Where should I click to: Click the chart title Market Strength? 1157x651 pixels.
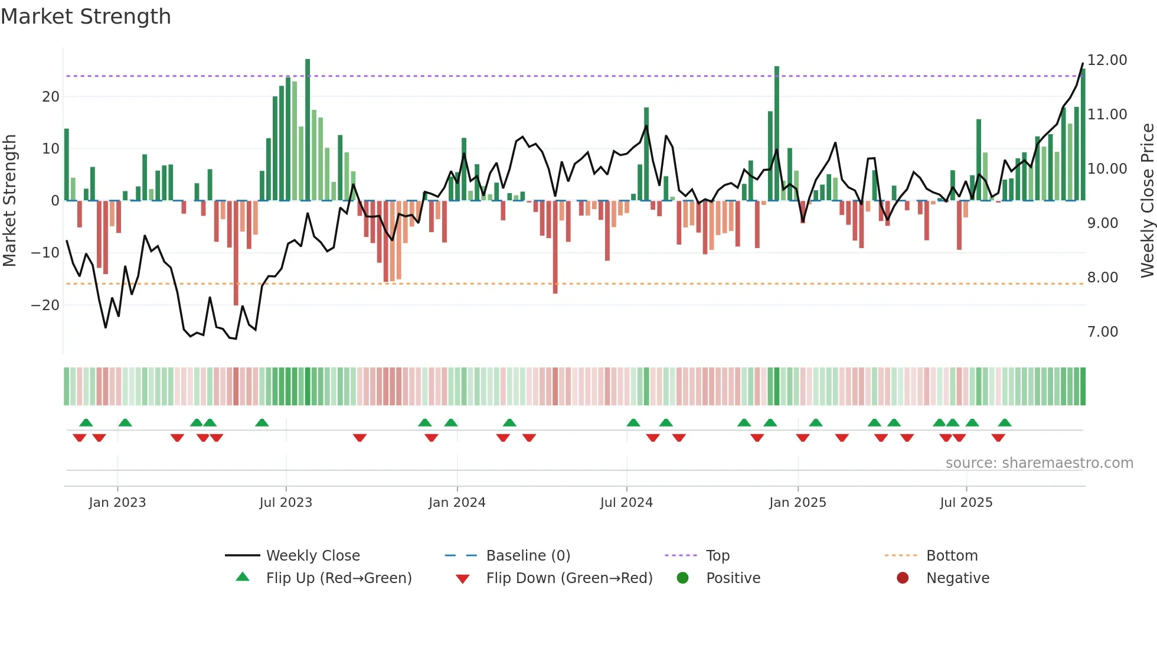86,16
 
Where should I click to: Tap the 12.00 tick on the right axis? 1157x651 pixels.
1107,60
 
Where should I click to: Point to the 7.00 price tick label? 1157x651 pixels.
1102,332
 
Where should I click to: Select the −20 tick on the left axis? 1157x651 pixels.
45,305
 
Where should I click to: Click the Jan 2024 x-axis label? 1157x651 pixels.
457,503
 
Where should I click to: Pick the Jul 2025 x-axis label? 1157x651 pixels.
966,503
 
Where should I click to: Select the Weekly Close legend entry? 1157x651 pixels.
312,556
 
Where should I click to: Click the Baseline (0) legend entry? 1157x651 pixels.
528,556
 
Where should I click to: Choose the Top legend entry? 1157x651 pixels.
717,556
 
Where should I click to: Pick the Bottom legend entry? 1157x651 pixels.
952,556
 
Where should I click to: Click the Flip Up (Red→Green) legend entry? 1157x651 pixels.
338,578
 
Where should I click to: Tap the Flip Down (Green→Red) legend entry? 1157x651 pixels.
569,578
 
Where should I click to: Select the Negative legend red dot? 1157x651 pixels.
903,578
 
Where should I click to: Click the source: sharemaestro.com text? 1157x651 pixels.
1039,463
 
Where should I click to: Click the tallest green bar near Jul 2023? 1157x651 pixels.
308,130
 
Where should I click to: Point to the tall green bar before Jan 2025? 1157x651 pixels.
777,133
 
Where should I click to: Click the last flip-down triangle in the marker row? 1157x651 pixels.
998,438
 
